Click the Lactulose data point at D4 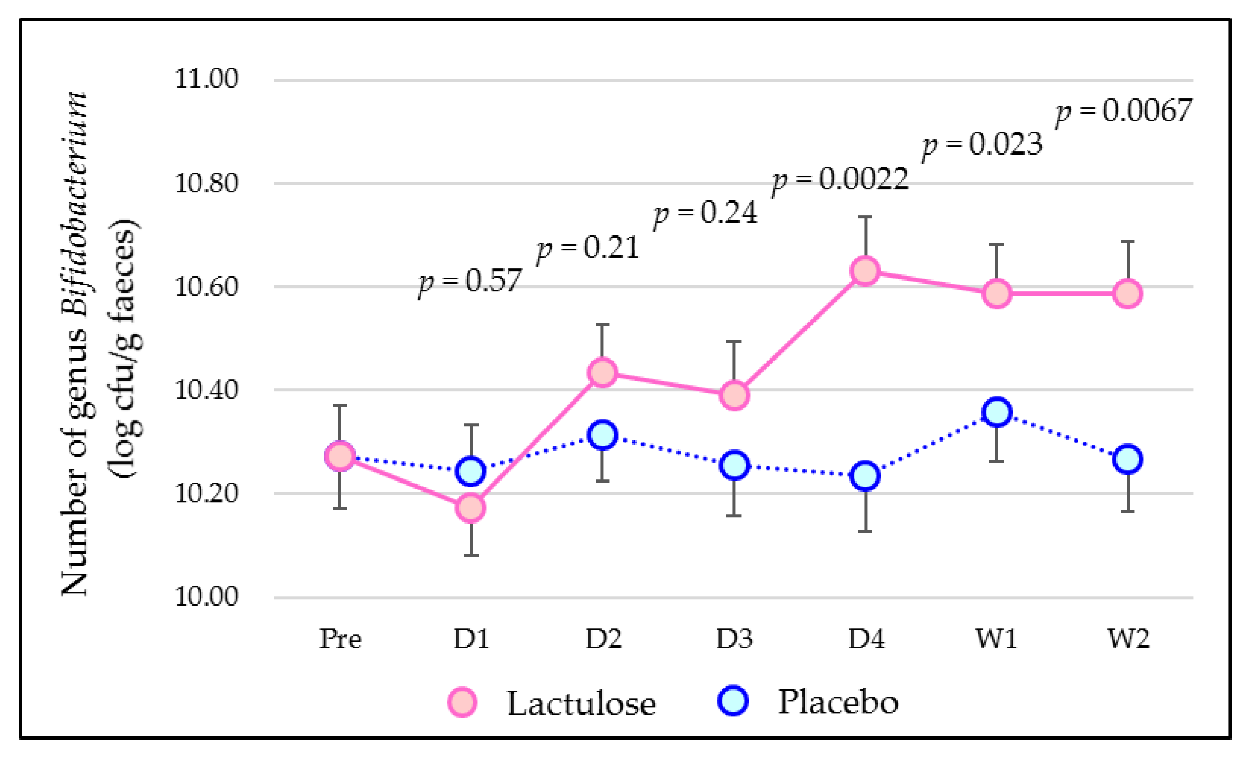(x=865, y=271)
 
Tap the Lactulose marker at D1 (x=471, y=508)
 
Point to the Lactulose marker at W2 (x=1128, y=293)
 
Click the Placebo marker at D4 (x=865, y=476)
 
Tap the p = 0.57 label (x=470, y=281)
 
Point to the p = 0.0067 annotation (x=1124, y=112)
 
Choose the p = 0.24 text (x=705, y=214)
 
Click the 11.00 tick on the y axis (x=206, y=79)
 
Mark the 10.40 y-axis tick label (x=206, y=390)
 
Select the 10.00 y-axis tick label (x=206, y=596)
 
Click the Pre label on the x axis (x=340, y=639)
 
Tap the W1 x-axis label (x=997, y=639)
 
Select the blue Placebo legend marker (x=733, y=701)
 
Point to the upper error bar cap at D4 (x=865, y=217)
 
